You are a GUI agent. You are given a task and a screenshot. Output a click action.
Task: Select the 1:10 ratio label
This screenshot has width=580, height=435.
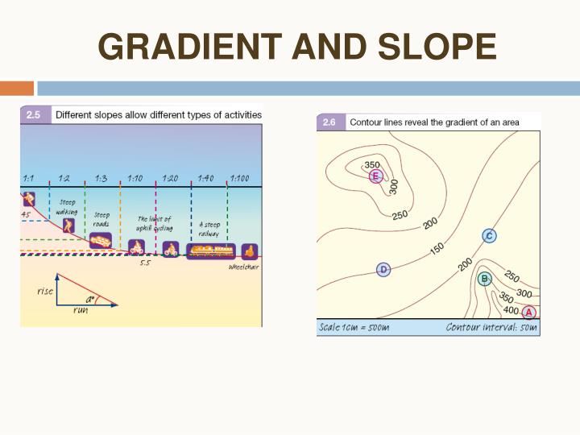pos(135,178)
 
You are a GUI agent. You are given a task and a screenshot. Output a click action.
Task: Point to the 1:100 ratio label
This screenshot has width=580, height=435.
pos(239,178)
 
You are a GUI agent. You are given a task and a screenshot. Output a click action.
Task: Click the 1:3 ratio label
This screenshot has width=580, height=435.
pos(101,178)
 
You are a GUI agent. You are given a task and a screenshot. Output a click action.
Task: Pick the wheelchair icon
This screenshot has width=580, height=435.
pos(249,251)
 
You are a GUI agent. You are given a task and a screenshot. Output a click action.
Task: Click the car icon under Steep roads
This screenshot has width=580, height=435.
pos(101,240)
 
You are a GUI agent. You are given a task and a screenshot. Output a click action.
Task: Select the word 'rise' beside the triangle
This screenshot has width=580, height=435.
pos(45,291)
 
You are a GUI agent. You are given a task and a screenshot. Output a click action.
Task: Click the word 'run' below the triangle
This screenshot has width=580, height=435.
pos(81,310)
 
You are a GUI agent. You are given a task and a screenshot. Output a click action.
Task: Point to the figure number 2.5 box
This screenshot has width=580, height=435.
pos(35,115)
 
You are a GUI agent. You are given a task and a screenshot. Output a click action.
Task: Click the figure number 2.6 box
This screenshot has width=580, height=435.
pos(329,122)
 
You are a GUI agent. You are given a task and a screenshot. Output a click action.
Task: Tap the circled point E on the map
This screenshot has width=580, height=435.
pos(375,176)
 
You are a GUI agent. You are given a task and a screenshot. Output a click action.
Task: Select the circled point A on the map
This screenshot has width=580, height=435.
pos(528,312)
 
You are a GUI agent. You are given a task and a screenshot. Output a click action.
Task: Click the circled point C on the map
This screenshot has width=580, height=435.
pos(489,235)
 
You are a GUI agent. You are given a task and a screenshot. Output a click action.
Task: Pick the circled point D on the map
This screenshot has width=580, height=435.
pos(383,269)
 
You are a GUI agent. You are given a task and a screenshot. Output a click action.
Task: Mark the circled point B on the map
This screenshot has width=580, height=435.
pos(484,279)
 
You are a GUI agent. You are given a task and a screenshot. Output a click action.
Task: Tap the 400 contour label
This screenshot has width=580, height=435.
pos(510,309)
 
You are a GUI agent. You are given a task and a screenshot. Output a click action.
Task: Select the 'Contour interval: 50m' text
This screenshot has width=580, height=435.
pos(491,328)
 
